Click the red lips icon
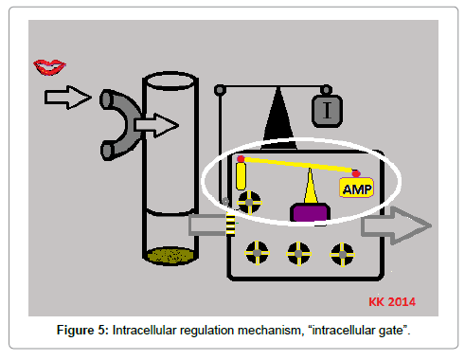pos(49,67)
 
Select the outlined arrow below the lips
pos(68,98)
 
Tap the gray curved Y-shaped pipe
pos(118,125)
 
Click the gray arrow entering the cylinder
pos(156,125)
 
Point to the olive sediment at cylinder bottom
pos(170,255)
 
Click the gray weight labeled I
pos(327,111)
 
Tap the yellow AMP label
pos(357,189)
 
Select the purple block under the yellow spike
pos(310,212)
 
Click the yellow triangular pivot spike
pos(311,187)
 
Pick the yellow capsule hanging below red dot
pos(241,176)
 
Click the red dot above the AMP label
pos(356,173)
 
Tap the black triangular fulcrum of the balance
pos(278,121)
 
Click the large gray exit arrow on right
pos(396,225)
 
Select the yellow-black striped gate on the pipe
pos(231,225)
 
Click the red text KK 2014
pos(392,302)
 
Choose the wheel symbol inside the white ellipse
pos(249,203)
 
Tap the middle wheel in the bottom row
pos(298,253)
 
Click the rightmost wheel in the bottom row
pos(342,254)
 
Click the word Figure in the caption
pos(76,331)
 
